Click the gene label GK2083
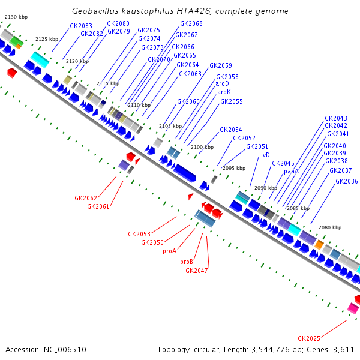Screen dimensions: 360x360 coord(81,26)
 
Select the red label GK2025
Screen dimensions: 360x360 coord(309,338)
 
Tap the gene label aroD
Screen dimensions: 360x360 coord(223,85)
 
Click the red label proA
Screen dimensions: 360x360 coord(169,251)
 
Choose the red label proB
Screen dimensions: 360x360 coord(187,262)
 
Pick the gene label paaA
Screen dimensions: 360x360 coord(291,171)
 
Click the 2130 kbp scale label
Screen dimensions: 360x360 coord(16,17)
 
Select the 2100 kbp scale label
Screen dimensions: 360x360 coord(202,147)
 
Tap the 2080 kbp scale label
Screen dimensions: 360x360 coord(329,228)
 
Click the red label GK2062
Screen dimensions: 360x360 coord(86,198)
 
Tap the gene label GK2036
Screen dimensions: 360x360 coord(347,181)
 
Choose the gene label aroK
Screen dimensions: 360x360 coord(224,92)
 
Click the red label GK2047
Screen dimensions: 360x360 coord(197,271)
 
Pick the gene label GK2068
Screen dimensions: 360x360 coord(191,23)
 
